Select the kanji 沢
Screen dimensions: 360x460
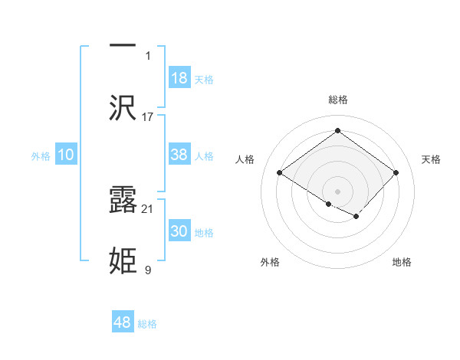123,108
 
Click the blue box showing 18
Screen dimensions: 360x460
179,78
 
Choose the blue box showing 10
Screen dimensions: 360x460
66,155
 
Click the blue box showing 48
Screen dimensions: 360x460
123,322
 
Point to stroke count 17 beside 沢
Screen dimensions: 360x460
148,116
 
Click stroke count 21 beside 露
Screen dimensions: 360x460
148,208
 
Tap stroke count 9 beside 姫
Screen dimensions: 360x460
148,270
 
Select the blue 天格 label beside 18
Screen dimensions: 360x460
204,79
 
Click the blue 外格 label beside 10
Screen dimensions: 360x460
41,156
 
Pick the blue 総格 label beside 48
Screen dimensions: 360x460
147,324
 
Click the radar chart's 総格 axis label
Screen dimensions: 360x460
338,100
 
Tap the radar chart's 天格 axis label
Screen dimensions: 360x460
432,159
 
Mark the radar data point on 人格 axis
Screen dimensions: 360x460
280,172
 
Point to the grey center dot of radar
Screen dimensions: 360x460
338,191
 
